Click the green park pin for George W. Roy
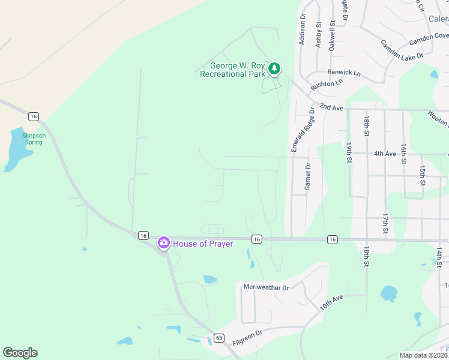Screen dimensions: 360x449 pos(274,69)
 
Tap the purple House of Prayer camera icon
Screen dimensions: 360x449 pos(163,243)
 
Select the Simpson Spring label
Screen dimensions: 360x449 pos(34,139)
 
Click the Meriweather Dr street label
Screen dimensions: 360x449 pos(266,287)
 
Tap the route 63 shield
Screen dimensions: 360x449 pos(218,338)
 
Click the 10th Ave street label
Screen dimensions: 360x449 pos(331,302)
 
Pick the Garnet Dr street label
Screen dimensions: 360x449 pos(307,177)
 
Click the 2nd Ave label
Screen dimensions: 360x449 pos(331,106)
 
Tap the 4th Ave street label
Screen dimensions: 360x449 pos(385,154)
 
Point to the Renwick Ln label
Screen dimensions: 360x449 pos(348,72)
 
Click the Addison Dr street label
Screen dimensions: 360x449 pos(302,29)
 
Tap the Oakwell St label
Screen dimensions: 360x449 pos(332,36)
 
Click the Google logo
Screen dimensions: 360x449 pos(20,353)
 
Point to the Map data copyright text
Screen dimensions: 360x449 pos(423,355)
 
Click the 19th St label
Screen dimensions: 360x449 pos(348,153)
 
